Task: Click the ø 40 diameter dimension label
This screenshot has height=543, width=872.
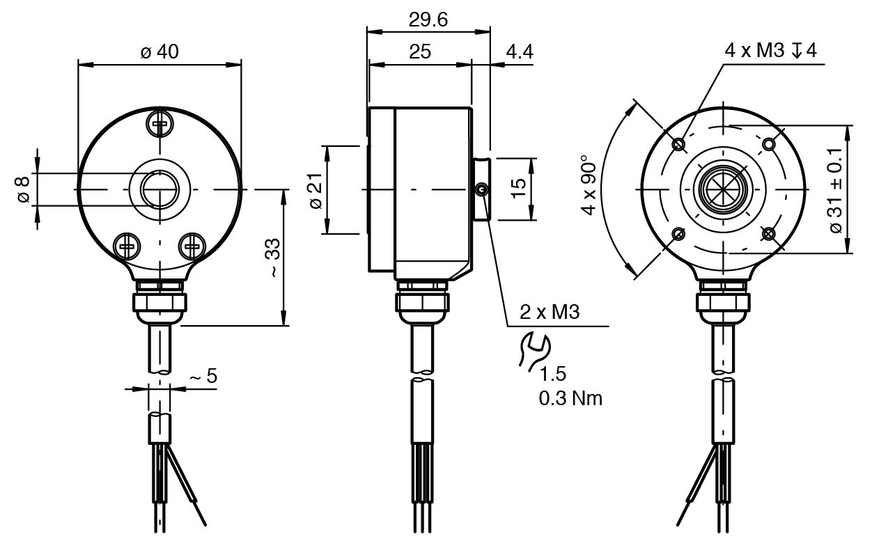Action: click(159, 52)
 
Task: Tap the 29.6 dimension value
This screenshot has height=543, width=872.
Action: click(428, 19)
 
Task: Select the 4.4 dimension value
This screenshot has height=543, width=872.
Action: click(520, 52)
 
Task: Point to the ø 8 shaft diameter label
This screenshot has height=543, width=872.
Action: click(23, 189)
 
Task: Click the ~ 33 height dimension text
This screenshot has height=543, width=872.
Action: click(272, 258)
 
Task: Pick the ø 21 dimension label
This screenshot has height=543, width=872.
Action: click(316, 191)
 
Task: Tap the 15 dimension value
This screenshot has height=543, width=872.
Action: click(518, 189)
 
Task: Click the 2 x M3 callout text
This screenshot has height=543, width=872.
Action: click(550, 312)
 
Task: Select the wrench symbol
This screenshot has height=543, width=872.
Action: click(534, 352)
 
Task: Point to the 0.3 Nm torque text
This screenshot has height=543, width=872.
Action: click(570, 398)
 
